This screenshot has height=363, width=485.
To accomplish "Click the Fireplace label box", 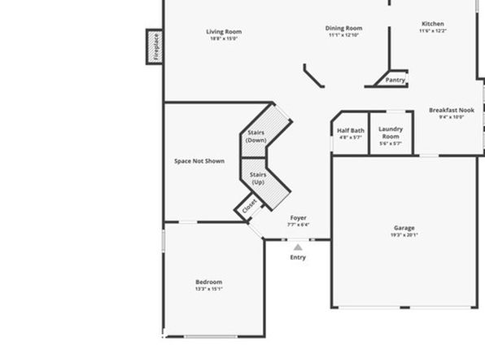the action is pos(155,46).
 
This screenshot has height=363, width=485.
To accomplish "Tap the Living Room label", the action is pos(224,32).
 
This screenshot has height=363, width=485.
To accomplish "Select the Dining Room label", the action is pos(343,28).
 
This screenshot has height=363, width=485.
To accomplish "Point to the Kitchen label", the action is pos(433,24).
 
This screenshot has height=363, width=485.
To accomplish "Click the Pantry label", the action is pos(395,80).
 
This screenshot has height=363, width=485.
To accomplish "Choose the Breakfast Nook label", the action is pos(452,110).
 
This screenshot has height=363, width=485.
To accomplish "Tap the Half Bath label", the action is pos(351,130).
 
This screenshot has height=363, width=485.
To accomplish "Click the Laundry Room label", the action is pos(391,133).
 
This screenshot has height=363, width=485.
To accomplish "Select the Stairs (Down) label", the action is pos(256,136).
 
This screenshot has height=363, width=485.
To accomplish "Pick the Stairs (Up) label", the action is pos(258,178).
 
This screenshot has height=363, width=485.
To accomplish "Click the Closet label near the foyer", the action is pos(249,206).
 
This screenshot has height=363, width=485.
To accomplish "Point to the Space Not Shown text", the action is pos(199,161).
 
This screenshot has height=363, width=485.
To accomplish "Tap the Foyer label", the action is pos(298,218).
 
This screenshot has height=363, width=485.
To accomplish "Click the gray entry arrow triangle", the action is pos(298,247).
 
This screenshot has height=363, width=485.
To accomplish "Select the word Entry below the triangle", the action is pos(298,257).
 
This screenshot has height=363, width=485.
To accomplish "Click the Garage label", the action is pos(404,228).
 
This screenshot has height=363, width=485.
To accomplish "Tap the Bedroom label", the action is pos(209,282).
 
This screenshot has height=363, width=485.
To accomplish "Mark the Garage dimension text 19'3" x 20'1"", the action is pos(404,235).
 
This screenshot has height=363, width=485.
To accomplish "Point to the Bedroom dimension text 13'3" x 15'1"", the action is pos(209,289).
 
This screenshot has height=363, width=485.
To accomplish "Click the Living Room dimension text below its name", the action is pos(224,39).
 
